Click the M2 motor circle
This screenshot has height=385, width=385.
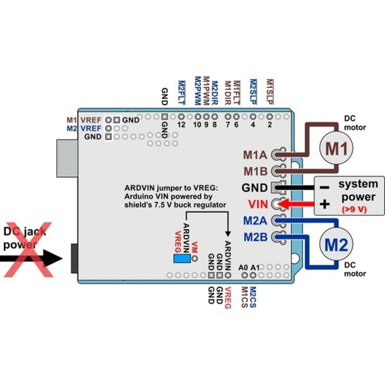pyautogui.click(x=337, y=245)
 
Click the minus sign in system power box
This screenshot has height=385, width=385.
pyautogui.click(x=324, y=187)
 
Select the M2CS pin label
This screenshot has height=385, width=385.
pyautogui.click(x=253, y=297)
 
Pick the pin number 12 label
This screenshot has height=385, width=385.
pyautogui.click(x=181, y=125)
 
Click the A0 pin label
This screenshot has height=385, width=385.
pyautogui.click(x=244, y=267)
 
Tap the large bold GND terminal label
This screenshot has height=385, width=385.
pyautogui.click(x=255, y=188)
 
